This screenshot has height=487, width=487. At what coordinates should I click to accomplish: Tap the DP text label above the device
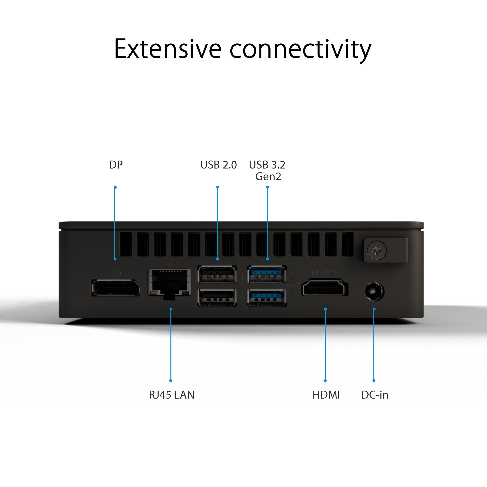point(116,165)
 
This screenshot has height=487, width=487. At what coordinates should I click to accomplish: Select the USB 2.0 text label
point(219,165)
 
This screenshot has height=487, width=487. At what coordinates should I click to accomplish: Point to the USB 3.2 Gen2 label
point(267,170)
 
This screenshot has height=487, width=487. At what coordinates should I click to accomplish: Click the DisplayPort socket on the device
point(116,288)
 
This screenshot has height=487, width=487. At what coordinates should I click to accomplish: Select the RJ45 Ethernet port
point(169,283)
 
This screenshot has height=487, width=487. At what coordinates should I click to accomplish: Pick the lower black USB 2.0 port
point(217,297)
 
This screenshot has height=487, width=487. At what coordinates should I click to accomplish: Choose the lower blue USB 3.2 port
point(267,297)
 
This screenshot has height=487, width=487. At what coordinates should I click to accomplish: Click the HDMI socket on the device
point(325,287)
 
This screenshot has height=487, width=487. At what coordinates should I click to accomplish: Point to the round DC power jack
point(374,292)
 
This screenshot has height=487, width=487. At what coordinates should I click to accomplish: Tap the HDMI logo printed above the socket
point(325,273)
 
